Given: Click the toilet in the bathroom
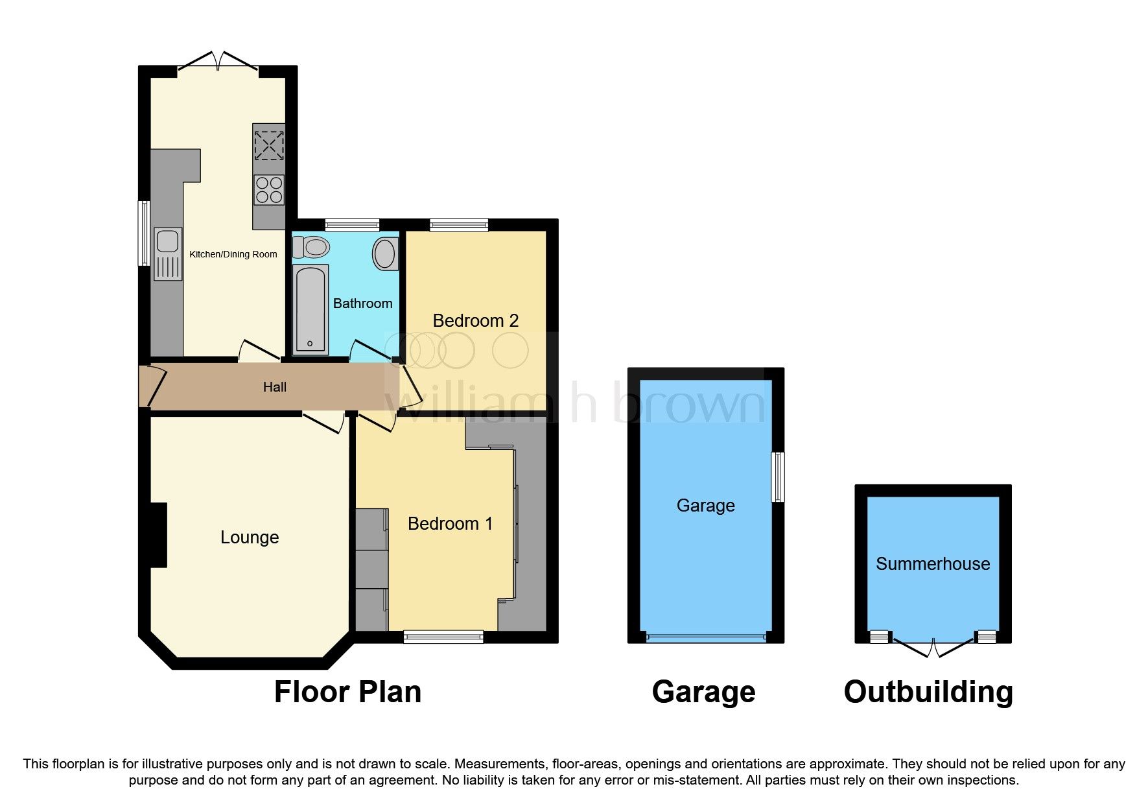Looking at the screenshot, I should [312, 247].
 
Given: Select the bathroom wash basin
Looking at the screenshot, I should [385, 254].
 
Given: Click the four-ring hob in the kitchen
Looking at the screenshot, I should [268, 189].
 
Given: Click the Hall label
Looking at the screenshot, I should [275, 387].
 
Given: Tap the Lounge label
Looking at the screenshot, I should [250, 537].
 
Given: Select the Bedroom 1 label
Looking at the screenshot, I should [450, 523].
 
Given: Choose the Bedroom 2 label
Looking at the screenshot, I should [476, 320].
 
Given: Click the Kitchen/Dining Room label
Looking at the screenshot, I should [233, 254].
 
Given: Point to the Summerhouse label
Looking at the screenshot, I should [933, 563].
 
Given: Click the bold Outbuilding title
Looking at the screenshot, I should [928, 692].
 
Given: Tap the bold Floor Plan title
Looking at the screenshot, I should [347, 692].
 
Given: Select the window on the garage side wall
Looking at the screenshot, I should [777, 477].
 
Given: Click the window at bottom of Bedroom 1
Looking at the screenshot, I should [443, 637].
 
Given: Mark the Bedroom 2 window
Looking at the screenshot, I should [459, 225].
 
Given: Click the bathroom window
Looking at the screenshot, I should [352, 225].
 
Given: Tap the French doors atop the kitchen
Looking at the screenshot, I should [218, 62].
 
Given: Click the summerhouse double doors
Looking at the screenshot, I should [933, 646].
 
